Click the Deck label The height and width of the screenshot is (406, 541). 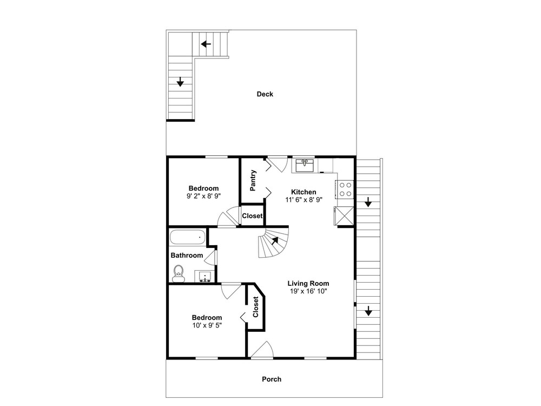[x=265, y=94]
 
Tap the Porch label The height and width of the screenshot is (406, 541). [x=272, y=379]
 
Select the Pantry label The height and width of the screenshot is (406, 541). [x=253, y=180]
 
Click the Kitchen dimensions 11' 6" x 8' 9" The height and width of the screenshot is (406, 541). [x=304, y=200]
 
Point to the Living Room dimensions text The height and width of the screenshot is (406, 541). [x=308, y=291]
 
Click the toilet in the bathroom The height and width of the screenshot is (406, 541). [x=179, y=273]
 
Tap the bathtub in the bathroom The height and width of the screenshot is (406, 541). [x=188, y=238]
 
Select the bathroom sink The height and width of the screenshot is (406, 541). [x=205, y=276]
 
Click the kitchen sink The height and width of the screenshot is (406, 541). [x=303, y=165]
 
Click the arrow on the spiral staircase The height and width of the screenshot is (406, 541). [x=275, y=240]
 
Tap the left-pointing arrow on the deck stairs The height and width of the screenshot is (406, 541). [x=206, y=44]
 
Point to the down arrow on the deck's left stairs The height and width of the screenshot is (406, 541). [x=180, y=82]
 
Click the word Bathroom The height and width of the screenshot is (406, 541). [x=187, y=256]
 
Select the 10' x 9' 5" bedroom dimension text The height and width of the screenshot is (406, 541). [x=207, y=325]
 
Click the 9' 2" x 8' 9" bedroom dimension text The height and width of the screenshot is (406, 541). [x=203, y=196]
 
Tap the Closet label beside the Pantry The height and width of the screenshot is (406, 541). [x=252, y=216]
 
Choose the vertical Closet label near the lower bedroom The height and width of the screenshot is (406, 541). [x=256, y=307]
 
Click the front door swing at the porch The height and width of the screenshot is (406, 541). [x=262, y=349]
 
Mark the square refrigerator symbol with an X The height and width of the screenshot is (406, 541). [x=344, y=215]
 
